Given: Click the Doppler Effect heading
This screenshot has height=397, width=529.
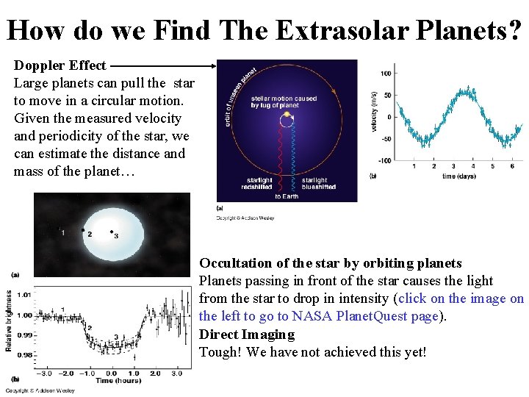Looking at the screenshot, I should point(60,65).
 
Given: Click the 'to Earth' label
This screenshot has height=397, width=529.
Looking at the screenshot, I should point(287,196).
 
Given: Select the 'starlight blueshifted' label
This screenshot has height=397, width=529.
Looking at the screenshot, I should point(319,183).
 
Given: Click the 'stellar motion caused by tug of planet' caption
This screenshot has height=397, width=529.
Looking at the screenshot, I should point(284,102).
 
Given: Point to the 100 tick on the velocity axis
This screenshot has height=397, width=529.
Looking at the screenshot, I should point(385,74).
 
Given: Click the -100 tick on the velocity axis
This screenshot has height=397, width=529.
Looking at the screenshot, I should point(384,161).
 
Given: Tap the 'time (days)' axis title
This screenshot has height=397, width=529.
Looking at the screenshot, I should point(459,176).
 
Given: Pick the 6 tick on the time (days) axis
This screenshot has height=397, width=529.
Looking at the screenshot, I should point(511,168).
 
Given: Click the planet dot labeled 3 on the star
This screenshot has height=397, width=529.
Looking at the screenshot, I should point(112,232).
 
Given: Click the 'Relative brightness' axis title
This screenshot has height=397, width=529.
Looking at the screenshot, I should point(9,321).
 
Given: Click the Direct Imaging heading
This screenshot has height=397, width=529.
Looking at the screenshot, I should point(247,335).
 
